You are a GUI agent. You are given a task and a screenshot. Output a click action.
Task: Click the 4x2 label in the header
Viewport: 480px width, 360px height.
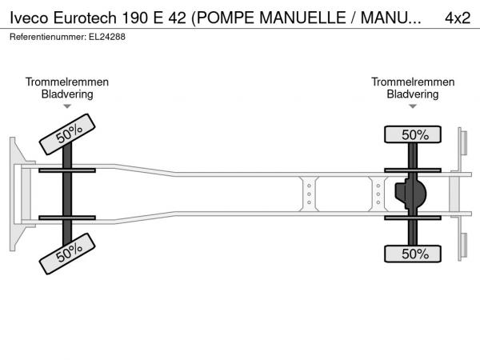[x=458, y=18]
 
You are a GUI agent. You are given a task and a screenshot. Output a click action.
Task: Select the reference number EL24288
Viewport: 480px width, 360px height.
[x=107, y=37]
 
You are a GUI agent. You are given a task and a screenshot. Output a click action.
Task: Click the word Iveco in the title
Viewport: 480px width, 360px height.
[x=29, y=18]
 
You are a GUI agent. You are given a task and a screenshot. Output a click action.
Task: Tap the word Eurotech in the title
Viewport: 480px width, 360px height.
[x=85, y=18]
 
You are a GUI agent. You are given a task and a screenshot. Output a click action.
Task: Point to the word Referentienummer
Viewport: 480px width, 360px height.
[x=48, y=37]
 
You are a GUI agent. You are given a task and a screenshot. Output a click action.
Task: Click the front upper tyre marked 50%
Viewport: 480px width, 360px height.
[x=67, y=134]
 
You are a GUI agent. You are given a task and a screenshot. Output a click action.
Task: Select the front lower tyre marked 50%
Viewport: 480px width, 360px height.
[x=67, y=254]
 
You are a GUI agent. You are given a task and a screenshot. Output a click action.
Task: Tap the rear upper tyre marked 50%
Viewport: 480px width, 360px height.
[x=413, y=134]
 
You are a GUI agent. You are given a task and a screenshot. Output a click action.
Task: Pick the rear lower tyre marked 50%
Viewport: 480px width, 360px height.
[x=413, y=254]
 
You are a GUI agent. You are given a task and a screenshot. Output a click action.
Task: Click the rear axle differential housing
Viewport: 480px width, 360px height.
[x=411, y=194]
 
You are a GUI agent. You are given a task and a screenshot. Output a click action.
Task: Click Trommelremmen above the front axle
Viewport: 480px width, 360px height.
[x=67, y=82]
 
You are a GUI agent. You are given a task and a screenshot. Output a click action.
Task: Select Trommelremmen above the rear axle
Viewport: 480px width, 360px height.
[x=413, y=82]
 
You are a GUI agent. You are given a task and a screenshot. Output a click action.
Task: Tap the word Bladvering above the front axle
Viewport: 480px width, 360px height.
[x=67, y=94]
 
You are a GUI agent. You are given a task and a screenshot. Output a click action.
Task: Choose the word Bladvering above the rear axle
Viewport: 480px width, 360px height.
[x=413, y=94]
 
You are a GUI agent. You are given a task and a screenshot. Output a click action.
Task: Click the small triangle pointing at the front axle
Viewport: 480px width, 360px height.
[x=67, y=106]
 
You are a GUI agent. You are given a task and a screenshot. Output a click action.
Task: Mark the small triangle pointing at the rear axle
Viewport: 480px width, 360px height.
[x=413, y=106]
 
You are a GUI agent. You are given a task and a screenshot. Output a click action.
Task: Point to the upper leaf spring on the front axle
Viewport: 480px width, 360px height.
[x=67, y=170]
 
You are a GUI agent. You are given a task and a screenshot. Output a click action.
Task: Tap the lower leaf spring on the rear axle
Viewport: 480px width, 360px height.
[x=413, y=218]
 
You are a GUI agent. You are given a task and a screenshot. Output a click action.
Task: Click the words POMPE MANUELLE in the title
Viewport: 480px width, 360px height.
[x=271, y=18]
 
